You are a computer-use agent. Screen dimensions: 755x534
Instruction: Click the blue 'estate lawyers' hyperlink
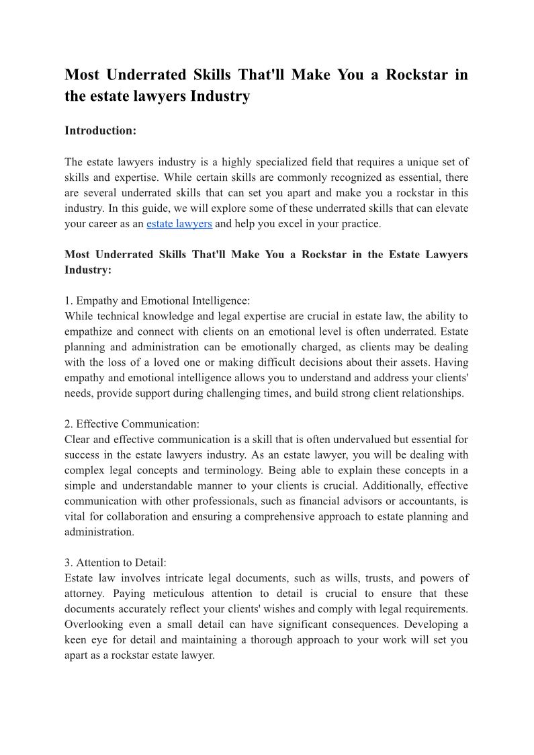tap(179, 224)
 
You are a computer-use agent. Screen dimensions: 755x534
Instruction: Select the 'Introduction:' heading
tap(100, 130)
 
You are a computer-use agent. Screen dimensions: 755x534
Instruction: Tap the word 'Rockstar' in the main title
tap(416, 75)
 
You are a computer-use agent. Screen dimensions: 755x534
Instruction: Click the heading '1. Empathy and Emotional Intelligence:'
tap(157, 301)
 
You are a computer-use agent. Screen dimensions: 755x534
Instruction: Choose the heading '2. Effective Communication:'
tap(132, 424)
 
